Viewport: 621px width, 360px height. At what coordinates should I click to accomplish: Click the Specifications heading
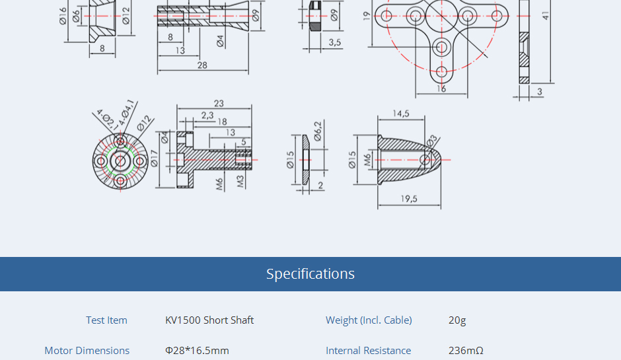tap(310, 274)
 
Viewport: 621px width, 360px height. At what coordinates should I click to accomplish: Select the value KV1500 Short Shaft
tap(209, 320)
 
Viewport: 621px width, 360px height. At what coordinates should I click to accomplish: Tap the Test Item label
tap(106, 320)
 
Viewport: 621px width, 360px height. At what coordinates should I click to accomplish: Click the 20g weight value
tap(457, 320)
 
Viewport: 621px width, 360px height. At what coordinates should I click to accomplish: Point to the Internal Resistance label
tap(368, 351)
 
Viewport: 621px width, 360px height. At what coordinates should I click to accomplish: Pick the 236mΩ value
tap(466, 351)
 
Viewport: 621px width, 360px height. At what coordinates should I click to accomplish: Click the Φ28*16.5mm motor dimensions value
tap(197, 351)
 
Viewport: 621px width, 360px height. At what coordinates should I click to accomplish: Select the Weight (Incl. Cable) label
tap(369, 320)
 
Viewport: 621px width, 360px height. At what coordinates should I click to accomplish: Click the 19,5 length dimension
tap(409, 199)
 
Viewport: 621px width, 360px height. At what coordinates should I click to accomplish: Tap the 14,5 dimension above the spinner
tap(401, 114)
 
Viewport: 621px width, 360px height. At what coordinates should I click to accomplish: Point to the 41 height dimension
tap(546, 15)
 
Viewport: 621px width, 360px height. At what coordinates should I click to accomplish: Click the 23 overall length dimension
tap(219, 104)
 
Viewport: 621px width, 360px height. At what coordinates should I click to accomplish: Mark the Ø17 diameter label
tap(154, 159)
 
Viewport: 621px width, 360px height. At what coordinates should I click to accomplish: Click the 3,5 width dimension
tap(335, 42)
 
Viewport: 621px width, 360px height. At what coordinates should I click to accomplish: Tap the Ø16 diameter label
tap(63, 15)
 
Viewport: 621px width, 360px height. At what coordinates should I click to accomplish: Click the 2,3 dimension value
tap(207, 115)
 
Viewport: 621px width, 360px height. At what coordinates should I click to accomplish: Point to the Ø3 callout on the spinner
tap(431, 141)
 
